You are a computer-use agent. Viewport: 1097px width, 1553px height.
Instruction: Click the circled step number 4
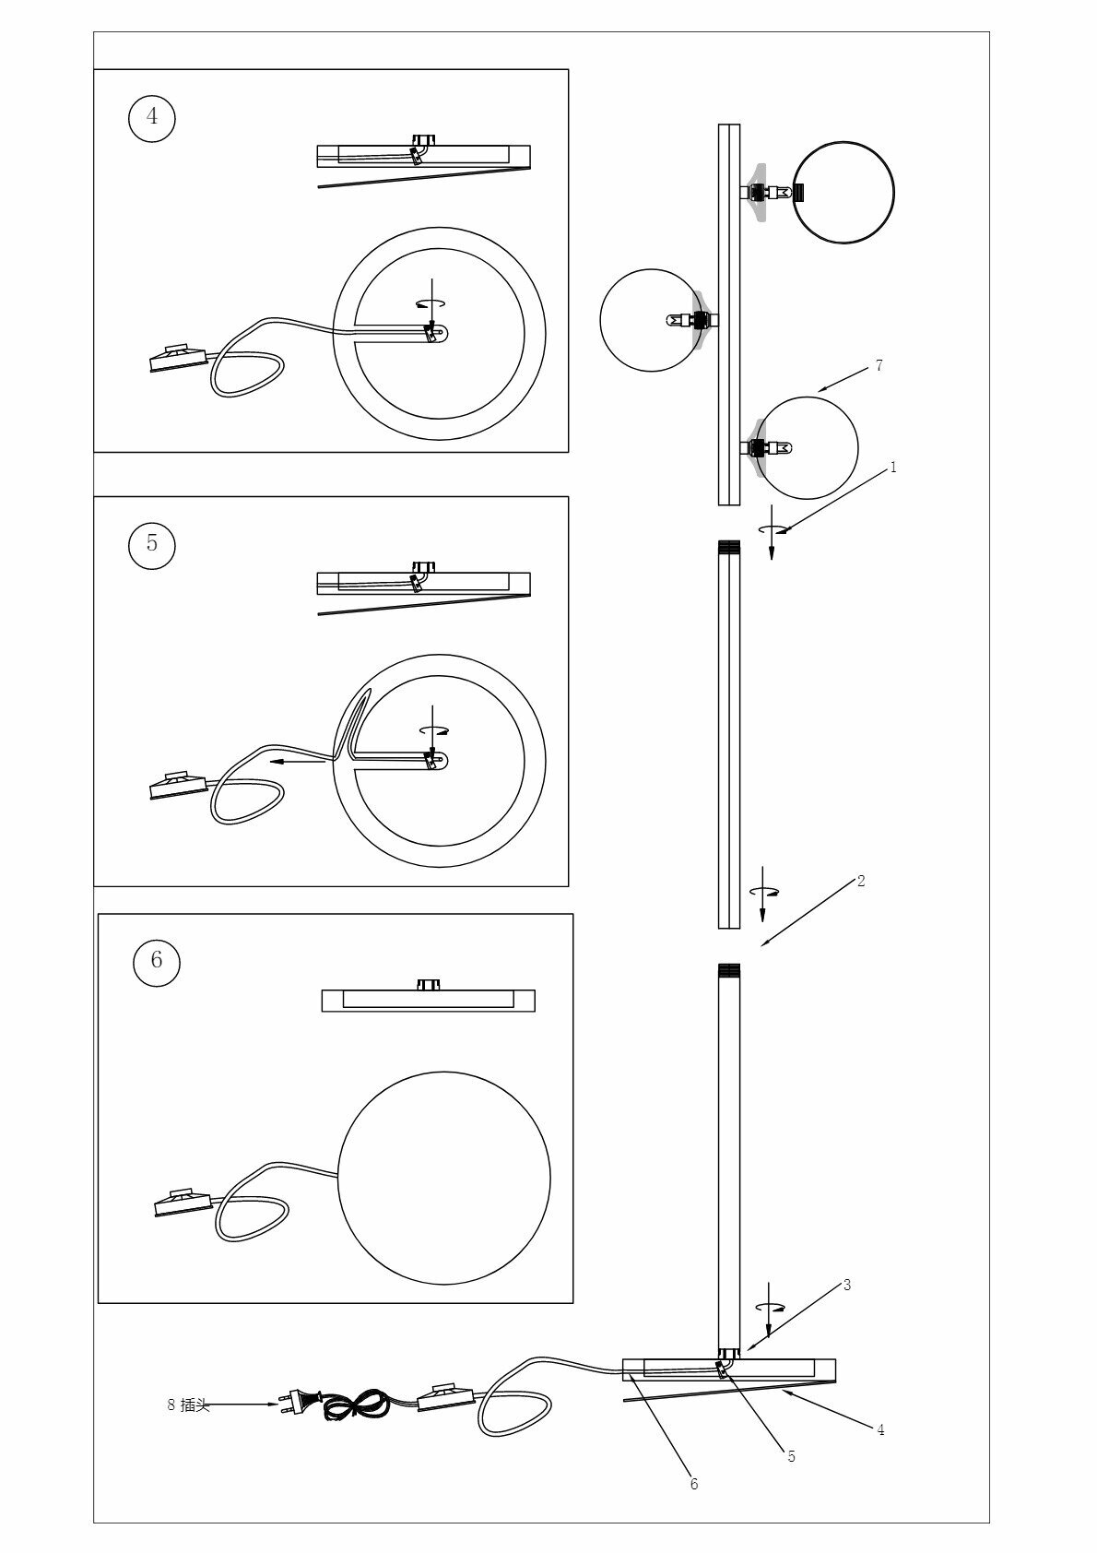(152, 116)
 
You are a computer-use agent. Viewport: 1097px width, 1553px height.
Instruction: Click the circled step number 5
(152, 543)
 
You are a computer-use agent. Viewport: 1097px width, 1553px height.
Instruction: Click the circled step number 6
(156, 960)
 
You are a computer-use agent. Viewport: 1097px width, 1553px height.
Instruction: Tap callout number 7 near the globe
(879, 366)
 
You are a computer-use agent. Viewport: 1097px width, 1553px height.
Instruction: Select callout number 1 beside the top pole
(892, 468)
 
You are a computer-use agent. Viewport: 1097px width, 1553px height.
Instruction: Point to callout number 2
(861, 881)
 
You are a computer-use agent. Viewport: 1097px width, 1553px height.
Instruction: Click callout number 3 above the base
(847, 1285)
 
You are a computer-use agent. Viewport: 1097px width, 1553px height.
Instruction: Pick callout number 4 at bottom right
(880, 1430)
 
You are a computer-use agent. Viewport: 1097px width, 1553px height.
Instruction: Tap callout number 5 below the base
(791, 1456)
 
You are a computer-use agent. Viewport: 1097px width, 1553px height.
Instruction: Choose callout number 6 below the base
(693, 1484)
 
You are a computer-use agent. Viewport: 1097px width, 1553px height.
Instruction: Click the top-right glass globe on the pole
(843, 192)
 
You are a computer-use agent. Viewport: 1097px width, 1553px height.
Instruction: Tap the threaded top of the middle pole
(728, 546)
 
